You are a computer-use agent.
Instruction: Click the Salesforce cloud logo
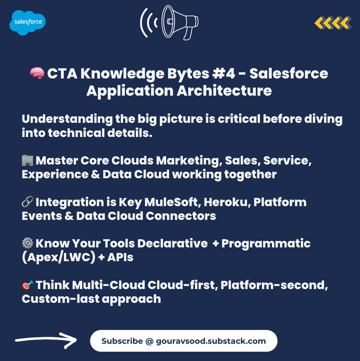click(x=28, y=23)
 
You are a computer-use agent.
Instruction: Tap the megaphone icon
click(x=169, y=23)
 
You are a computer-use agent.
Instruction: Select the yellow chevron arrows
click(x=332, y=23)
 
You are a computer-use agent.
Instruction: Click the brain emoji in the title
click(x=37, y=73)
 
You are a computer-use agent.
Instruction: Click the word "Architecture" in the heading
click(x=224, y=91)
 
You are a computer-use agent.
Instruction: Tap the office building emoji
click(x=28, y=160)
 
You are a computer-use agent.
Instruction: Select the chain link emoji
click(x=28, y=202)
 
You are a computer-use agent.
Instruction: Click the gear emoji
click(x=28, y=243)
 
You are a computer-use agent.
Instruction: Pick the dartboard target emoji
click(x=28, y=285)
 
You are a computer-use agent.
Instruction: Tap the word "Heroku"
click(x=227, y=202)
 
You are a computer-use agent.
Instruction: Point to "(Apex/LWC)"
click(x=58, y=257)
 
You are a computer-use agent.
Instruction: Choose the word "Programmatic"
click(x=266, y=244)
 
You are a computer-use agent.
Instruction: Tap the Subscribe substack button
click(x=184, y=341)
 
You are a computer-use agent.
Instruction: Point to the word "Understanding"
click(x=67, y=119)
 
